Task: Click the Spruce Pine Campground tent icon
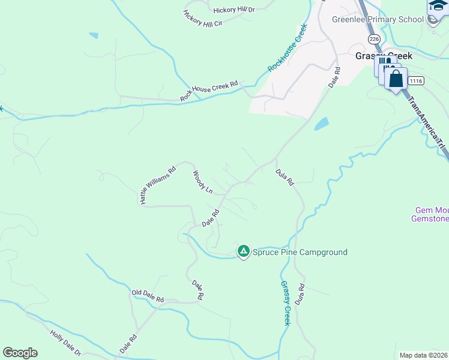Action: (x=243, y=251)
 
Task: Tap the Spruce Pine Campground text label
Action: (x=300, y=253)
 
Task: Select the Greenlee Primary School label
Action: (x=378, y=19)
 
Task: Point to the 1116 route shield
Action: (x=415, y=80)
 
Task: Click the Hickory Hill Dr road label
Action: (x=234, y=10)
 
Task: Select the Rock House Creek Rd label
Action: (x=209, y=91)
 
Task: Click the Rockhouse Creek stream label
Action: (x=288, y=48)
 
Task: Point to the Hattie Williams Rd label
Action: (x=157, y=185)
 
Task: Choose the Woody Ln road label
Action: (x=202, y=182)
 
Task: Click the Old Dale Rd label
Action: (x=148, y=295)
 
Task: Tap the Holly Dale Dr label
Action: (x=65, y=344)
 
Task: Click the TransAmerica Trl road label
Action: (x=427, y=122)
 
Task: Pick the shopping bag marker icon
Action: (x=396, y=79)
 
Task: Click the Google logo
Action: (x=20, y=353)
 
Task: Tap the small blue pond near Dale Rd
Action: (x=321, y=124)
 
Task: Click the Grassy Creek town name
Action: (x=384, y=55)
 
